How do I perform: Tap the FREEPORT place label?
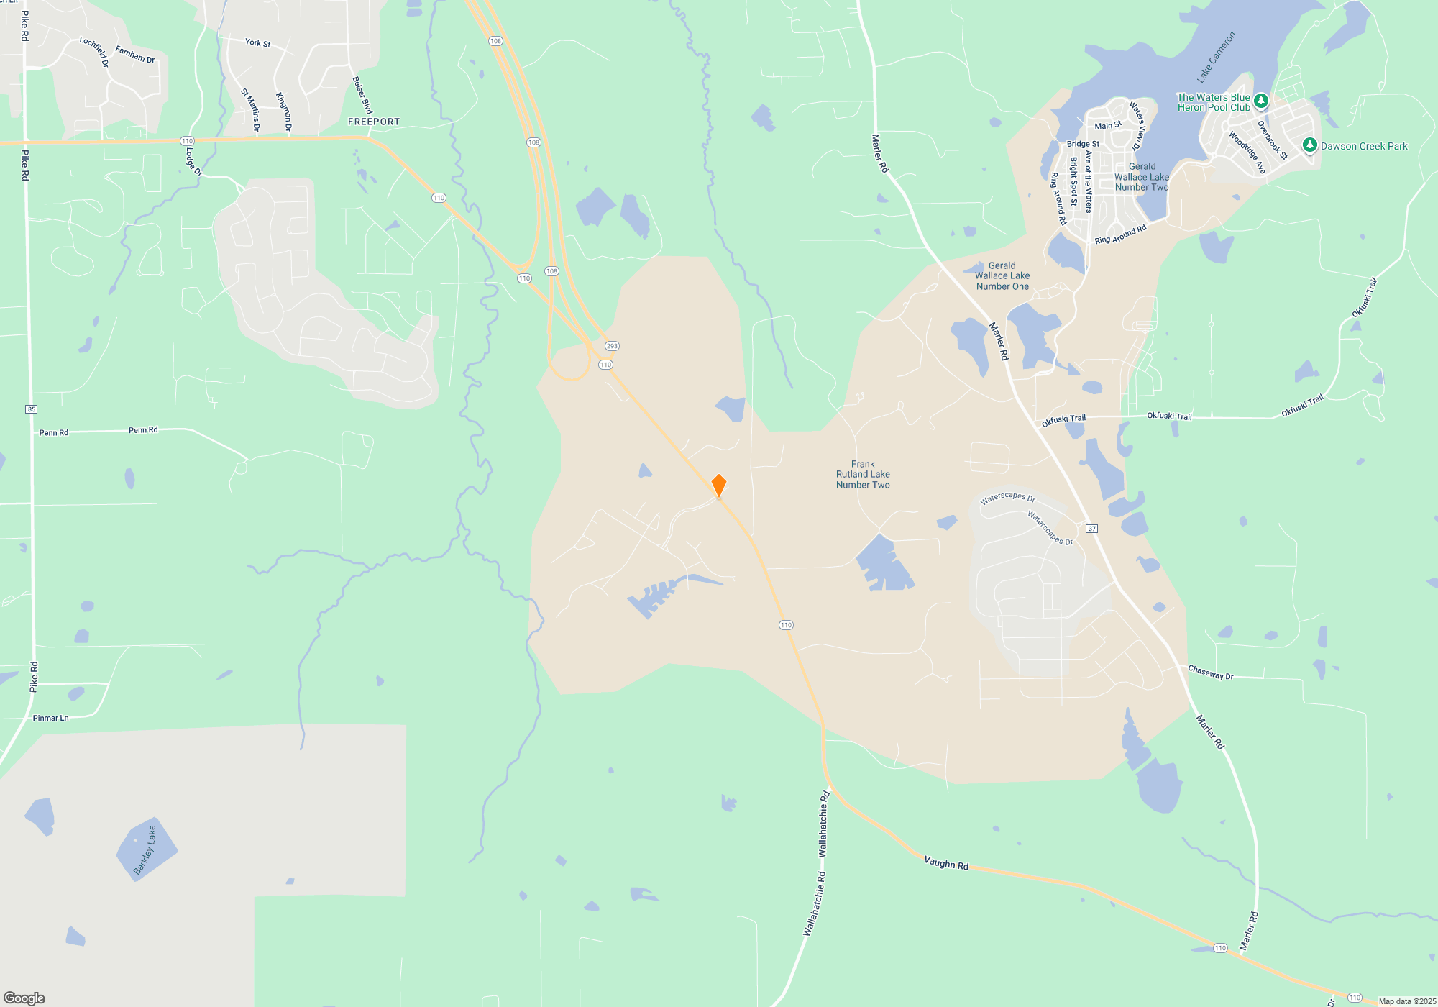coord(374,122)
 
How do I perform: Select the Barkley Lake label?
coord(145,850)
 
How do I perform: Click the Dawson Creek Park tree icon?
coord(1310,145)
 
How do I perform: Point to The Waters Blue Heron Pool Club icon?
coord(1260,101)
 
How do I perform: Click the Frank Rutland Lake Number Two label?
coord(863,475)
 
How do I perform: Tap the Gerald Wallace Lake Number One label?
coord(1002,276)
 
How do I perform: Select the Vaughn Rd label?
coord(946,863)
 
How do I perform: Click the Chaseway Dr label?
coord(1211,673)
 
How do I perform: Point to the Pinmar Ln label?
coord(51,718)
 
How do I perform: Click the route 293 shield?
coord(612,346)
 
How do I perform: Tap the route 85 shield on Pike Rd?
coord(31,409)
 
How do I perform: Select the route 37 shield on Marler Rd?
coord(1091,529)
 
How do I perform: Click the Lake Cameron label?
coord(1216,57)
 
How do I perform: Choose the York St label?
coord(257,43)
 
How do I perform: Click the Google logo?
coord(24,998)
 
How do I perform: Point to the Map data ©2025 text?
coord(1406,1001)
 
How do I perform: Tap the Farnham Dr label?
coord(135,55)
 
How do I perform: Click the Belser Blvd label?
coord(362,95)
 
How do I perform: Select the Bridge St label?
coord(1083,144)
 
